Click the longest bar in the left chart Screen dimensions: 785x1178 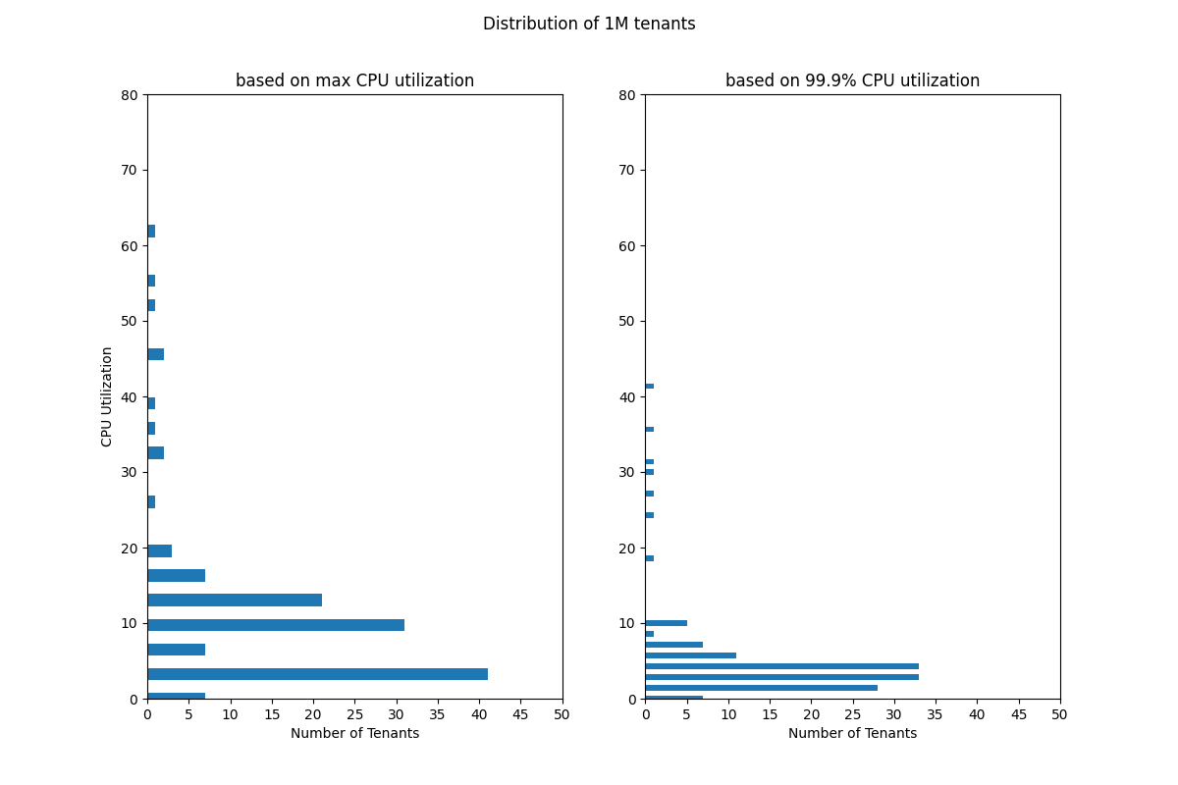pyautogui.click(x=317, y=674)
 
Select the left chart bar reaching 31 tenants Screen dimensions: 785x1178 pyautogui.click(x=276, y=625)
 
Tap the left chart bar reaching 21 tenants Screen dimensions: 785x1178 pyautogui.click(x=235, y=600)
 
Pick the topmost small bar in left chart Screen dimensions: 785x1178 pyautogui.click(x=151, y=232)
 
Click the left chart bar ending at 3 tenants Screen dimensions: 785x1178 pyautogui.click(x=159, y=550)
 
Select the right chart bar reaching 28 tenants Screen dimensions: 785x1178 pyautogui.click(x=761, y=688)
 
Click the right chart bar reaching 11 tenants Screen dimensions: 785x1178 pyautogui.click(x=690, y=655)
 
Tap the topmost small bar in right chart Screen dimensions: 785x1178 pyautogui.click(x=649, y=387)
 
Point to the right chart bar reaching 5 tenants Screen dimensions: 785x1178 pyautogui.click(x=666, y=623)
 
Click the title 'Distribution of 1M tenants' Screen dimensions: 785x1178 pyautogui.click(x=589, y=24)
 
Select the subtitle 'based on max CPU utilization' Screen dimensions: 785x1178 pyautogui.click(x=354, y=80)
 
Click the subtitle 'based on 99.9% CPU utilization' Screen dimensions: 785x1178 pyautogui.click(x=852, y=80)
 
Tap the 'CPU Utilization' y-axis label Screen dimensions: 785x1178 pyautogui.click(x=107, y=396)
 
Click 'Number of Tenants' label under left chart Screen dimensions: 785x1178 pyautogui.click(x=354, y=733)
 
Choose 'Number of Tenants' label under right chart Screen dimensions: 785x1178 pyautogui.click(x=852, y=733)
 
